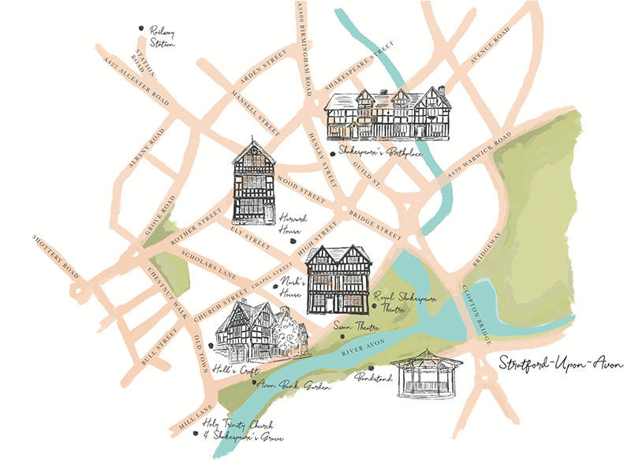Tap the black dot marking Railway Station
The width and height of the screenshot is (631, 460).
click(140, 29)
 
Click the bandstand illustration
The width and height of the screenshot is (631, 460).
click(431, 373)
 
